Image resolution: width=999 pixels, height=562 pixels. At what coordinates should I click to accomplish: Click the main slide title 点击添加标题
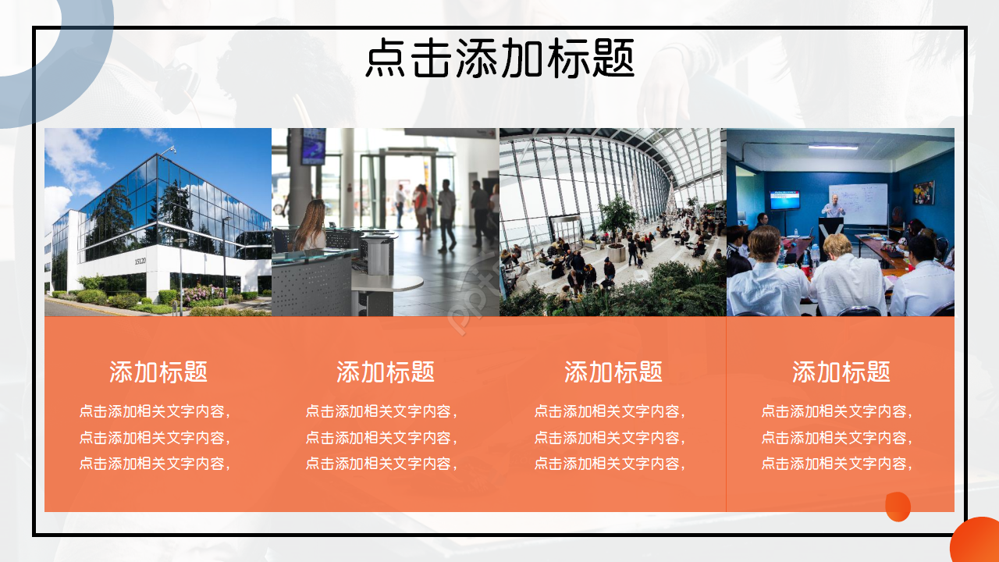pos(499,59)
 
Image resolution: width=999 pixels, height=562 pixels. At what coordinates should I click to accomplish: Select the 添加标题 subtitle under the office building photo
pos(158,372)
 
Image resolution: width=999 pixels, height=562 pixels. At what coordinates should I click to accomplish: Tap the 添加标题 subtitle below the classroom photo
pos(841,372)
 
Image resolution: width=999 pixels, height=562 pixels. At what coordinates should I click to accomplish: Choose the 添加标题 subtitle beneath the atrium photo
pos(613,372)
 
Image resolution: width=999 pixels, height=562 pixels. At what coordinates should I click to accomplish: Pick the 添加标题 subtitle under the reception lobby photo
pos(386,372)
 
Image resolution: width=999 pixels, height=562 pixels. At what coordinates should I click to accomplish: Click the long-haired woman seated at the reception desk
pos(310,227)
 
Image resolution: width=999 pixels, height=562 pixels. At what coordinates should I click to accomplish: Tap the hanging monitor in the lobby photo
pos(314,146)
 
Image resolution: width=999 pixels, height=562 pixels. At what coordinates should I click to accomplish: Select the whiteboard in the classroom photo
pos(858,203)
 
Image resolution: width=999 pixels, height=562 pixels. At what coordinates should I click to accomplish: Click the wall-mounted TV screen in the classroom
pos(784,200)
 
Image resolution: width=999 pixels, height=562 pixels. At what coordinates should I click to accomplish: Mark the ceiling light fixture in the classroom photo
pos(833,147)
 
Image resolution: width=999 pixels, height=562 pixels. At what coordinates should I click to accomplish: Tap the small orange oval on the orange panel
pos(898,507)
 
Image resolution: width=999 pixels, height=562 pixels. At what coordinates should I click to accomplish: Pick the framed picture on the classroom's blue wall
pos(924,193)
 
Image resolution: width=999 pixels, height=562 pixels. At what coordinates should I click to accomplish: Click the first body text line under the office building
pos(155,411)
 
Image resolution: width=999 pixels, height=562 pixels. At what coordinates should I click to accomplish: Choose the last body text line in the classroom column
pos(837,464)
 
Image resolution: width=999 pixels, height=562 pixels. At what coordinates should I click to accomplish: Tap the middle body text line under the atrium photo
pos(610,438)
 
